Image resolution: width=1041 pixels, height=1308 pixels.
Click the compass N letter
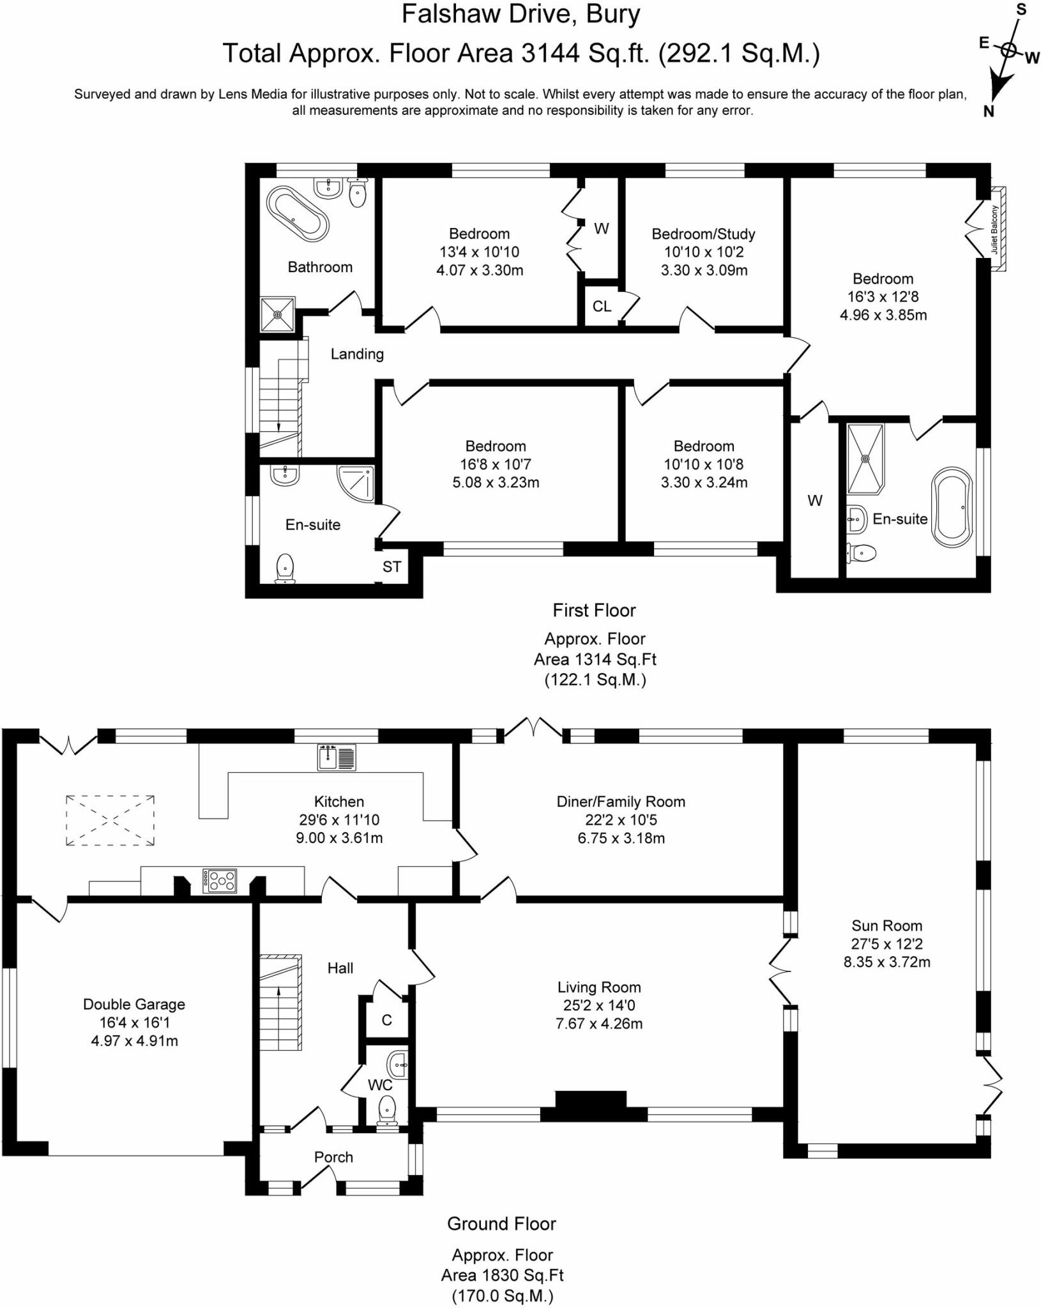988,112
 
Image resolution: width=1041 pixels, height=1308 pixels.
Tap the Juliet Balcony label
994,229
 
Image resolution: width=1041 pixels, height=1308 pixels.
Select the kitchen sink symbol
337,757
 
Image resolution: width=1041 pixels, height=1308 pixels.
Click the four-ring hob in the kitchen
220,881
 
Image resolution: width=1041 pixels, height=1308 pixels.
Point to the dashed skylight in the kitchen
110,821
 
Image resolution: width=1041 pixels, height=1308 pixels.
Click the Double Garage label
134,1004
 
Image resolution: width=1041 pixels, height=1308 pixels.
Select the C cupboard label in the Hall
386,1020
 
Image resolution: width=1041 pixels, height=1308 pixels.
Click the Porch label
333,1157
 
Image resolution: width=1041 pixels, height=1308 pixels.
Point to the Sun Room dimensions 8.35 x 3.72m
886,962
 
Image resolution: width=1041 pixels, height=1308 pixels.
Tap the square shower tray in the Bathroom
278,314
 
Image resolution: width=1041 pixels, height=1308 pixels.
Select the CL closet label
602,307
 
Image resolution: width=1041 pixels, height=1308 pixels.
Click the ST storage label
391,567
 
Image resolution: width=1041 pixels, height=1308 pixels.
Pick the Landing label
357,354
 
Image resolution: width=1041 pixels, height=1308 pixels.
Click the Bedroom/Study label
703,234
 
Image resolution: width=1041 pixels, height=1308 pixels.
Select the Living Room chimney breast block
591,1105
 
